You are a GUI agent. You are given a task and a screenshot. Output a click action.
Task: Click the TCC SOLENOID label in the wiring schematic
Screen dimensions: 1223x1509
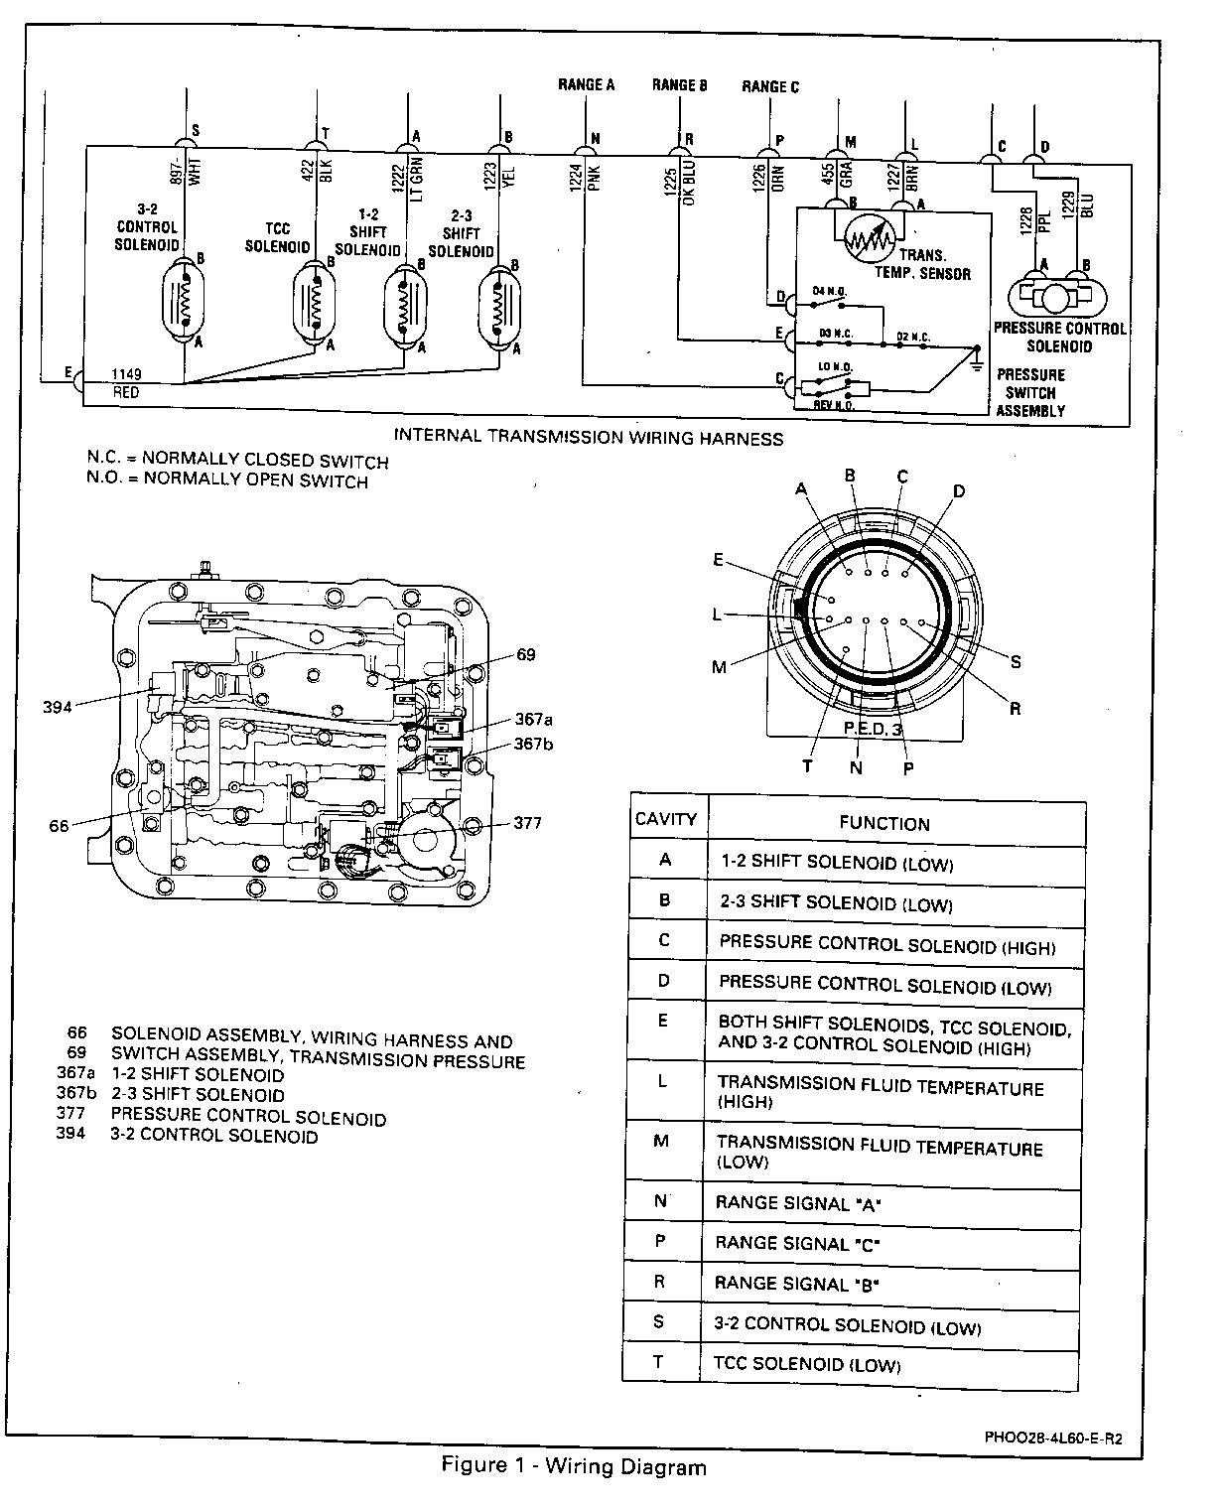tap(278, 238)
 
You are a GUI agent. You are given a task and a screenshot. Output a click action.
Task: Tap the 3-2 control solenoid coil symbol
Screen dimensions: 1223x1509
tap(185, 299)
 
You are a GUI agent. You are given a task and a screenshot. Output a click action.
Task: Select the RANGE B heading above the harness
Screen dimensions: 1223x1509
tap(679, 85)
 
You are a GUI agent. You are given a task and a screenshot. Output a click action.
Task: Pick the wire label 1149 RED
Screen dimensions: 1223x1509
tap(126, 383)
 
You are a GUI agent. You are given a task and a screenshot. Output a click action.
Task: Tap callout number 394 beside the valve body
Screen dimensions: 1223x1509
tap(58, 707)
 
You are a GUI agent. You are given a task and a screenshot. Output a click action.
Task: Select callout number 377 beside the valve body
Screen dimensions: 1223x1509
tap(528, 822)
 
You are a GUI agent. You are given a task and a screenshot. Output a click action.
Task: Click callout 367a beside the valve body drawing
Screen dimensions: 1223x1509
tap(533, 720)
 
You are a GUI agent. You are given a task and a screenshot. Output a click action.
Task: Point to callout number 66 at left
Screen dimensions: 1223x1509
tap(59, 825)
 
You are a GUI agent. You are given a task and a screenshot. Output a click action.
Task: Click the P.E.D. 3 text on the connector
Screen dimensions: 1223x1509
tap(873, 729)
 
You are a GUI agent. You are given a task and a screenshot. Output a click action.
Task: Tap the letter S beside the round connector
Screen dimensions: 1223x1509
tap(1016, 661)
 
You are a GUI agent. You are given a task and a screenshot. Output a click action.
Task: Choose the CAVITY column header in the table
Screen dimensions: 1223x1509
tap(665, 819)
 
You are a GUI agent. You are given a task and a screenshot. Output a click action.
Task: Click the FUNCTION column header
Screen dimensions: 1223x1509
tap(883, 823)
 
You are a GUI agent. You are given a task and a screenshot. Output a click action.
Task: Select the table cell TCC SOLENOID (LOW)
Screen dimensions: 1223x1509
tap(806, 1364)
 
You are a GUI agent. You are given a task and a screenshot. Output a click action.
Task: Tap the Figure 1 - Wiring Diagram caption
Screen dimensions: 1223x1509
tap(574, 1467)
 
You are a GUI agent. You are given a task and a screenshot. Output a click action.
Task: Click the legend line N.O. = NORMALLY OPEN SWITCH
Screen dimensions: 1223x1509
tap(227, 481)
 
